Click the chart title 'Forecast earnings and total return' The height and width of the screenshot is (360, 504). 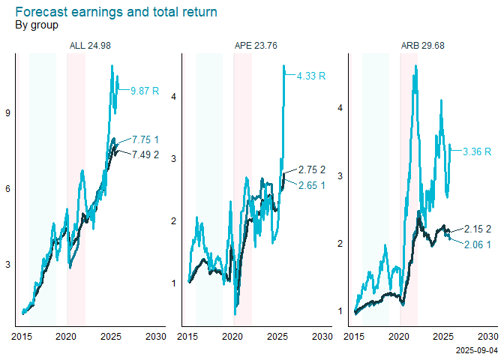(116, 12)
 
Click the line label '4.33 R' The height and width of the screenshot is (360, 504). (311, 76)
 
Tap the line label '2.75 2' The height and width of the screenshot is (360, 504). (311, 169)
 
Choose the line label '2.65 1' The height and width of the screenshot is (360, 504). (311, 185)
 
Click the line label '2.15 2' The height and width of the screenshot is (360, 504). (478, 229)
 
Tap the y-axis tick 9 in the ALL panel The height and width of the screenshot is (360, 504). (8, 113)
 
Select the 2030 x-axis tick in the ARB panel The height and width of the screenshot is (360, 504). (487, 335)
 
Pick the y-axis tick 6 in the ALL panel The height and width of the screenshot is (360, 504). (8, 189)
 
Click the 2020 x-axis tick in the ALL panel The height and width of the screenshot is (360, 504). (67, 335)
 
